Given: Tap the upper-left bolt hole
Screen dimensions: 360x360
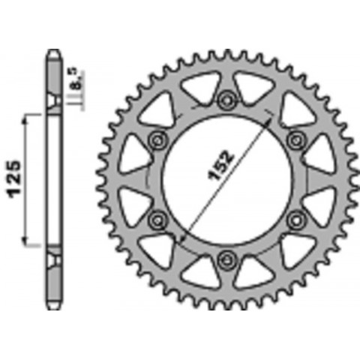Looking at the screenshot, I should pos(157,139).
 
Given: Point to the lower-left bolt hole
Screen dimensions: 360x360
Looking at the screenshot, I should pos(157,220).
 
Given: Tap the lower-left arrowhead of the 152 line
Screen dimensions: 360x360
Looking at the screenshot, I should pos(184,238).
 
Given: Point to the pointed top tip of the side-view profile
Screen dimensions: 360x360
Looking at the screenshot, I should pos(54,51).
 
